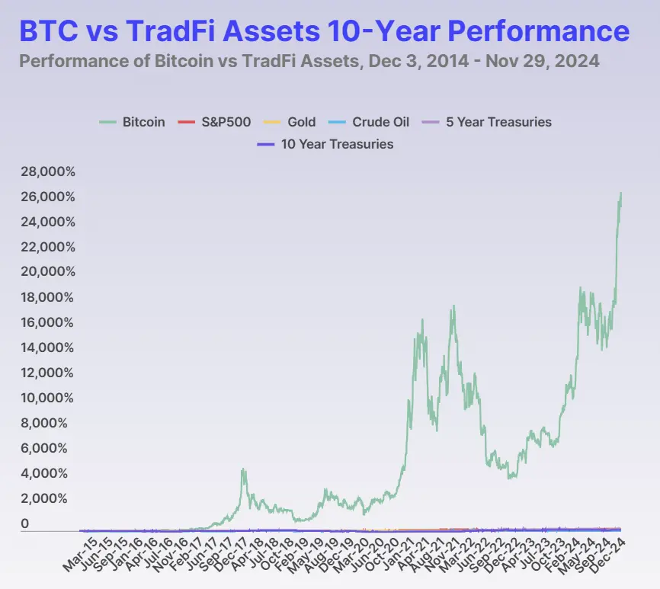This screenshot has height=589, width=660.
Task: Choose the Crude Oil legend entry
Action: [369, 122]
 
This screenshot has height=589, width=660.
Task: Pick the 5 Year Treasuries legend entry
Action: [488, 122]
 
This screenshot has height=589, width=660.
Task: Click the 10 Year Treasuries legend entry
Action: [325, 144]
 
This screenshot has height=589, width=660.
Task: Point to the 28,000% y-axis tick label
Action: [48, 172]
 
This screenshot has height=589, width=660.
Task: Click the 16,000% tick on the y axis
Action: [48, 323]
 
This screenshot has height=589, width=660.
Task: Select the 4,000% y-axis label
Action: [51, 473]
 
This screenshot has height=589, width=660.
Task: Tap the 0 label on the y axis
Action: [25, 524]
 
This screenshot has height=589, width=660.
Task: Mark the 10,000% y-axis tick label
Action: [48, 398]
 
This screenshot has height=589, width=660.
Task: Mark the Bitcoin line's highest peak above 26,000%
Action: [620, 194]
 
